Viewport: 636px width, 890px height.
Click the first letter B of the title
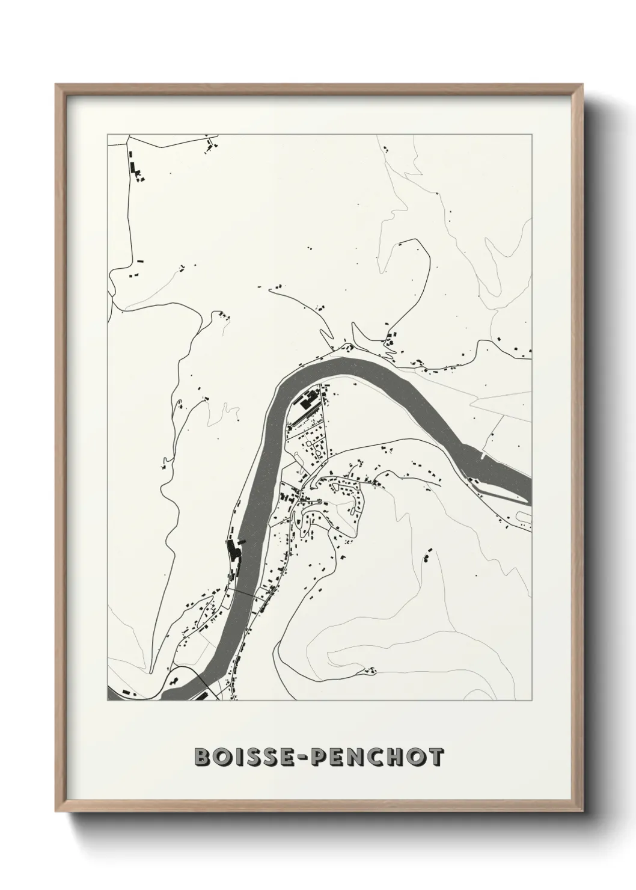pyautogui.click(x=202, y=758)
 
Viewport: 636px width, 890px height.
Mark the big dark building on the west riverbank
pyautogui.click(x=233, y=550)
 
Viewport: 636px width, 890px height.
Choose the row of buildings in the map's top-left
pyautogui.click(x=133, y=164)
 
